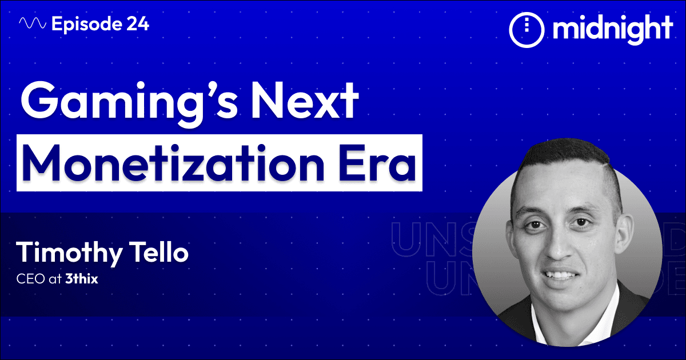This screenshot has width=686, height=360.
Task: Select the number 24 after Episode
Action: (137, 24)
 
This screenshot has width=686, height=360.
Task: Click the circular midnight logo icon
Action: (524, 29)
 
